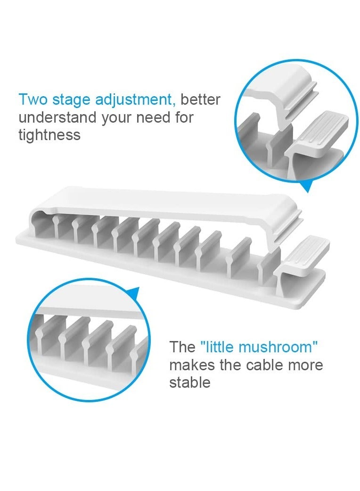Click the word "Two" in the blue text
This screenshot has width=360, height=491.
(x=33, y=100)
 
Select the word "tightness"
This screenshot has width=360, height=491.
(x=49, y=135)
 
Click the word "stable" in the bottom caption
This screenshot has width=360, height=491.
(x=189, y=382)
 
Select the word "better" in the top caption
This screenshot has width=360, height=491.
(x=201, y=100)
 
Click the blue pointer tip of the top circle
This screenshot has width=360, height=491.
(x=308, y=189)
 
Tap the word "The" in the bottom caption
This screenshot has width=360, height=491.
(x=182, y=347)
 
